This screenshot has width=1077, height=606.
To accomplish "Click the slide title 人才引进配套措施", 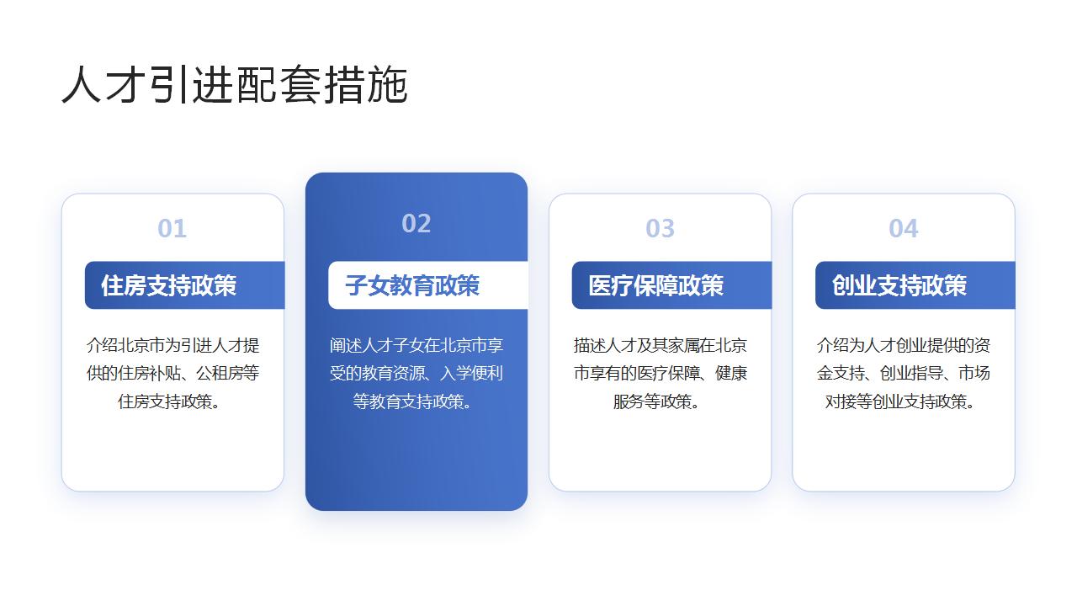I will point(235,85).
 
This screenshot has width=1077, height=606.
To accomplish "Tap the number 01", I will point(172,228).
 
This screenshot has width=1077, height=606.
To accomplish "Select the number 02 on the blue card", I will point(416,223).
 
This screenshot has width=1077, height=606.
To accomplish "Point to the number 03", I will point(660,228).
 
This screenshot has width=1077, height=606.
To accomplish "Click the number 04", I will point(903,228).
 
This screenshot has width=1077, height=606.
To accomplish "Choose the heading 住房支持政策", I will point(168,285).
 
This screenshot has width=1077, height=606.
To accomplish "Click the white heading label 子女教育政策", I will point(412,285).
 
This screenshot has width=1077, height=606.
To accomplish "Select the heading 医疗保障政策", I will point(655,285).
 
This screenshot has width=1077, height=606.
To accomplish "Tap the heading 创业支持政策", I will point(899,285).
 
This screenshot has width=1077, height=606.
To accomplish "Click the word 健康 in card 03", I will point(733,374).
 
